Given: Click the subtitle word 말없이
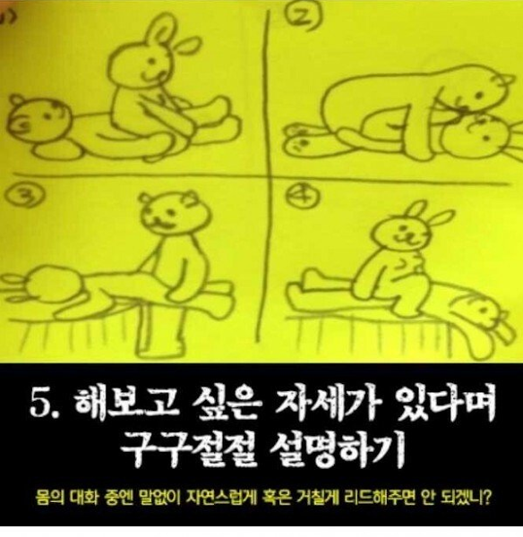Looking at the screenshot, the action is pyautogui.click(x=160, y=498).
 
